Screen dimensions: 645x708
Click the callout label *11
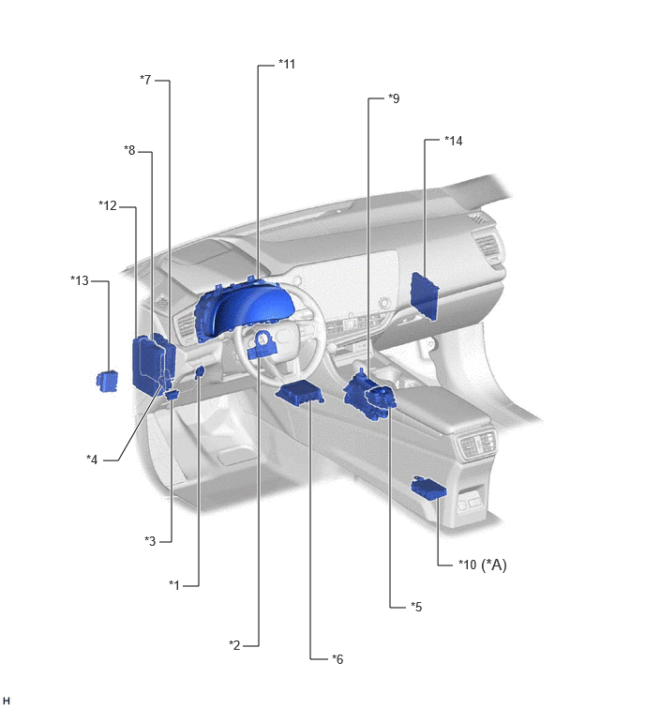coord(287,64)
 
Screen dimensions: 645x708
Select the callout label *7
coord(145,80)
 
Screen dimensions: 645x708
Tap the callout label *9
coord(394,98)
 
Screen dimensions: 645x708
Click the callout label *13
coord(80,280)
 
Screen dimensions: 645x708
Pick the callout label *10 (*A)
coord(483,565)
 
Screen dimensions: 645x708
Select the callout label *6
coord(337,659)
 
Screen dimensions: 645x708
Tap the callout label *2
coord(234,645)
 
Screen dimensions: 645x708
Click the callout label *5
coord(416,607)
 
